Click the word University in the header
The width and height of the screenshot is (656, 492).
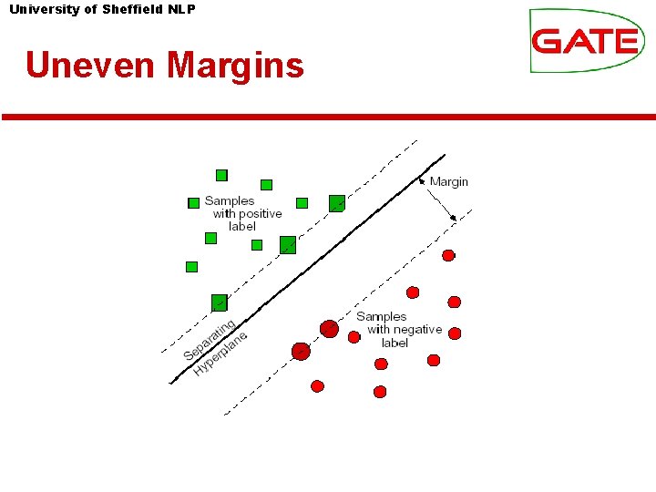click(43, 9)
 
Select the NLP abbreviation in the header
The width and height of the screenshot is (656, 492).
click(181, 9)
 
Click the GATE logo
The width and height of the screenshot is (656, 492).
click(586, 41)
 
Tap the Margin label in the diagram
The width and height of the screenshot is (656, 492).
click(448, 181)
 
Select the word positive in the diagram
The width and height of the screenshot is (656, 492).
click(260, 213)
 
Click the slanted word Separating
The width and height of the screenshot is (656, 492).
click(210, 341)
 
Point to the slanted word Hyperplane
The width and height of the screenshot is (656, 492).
click(220, 355)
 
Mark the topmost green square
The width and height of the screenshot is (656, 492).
click(221, 175)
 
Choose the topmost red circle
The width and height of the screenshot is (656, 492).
click(448, 256)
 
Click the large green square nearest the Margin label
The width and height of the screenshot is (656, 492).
click(337, 203)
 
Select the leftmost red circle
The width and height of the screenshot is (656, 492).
click(301, 351)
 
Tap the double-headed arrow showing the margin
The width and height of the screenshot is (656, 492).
click(438, 198)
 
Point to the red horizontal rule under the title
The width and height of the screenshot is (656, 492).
click(328, 117)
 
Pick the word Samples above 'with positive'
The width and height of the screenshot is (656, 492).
click(230, 200)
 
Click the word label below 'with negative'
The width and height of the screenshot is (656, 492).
click(395, 343)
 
